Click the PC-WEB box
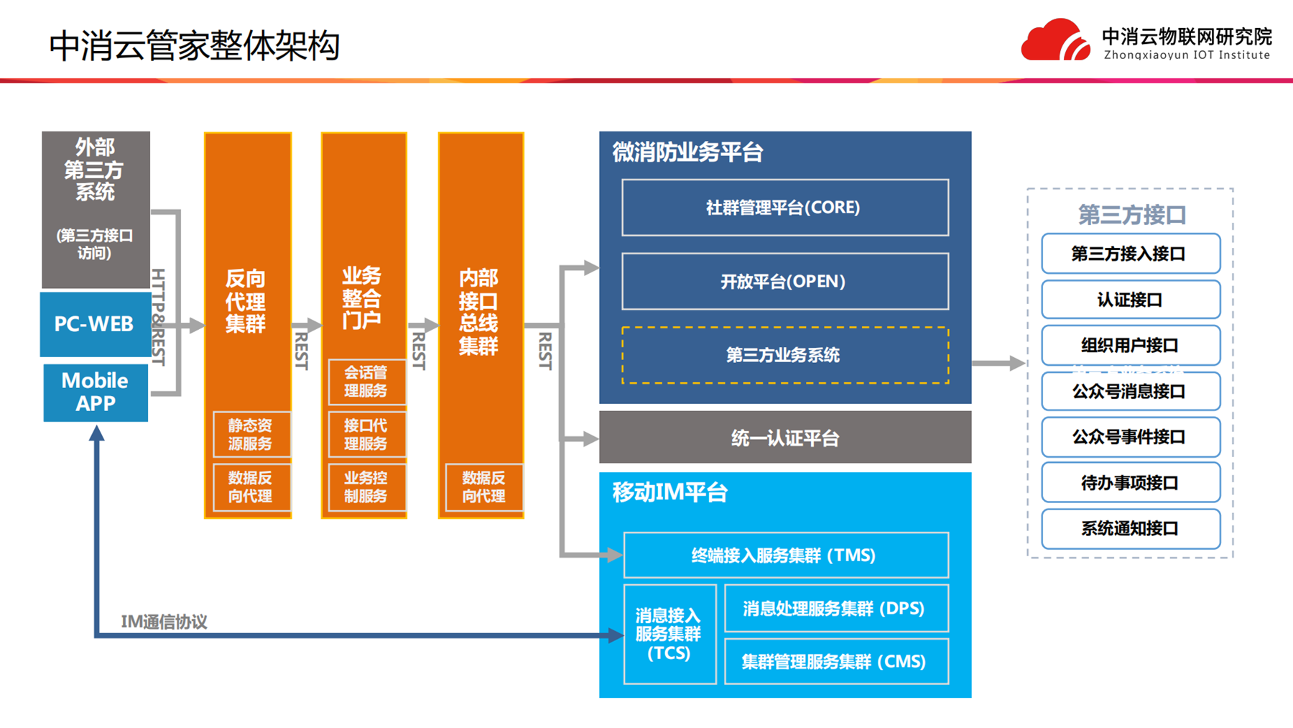(x=95, y=324)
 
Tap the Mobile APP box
(x=95, y=392)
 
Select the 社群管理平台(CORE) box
(x=784, y=208)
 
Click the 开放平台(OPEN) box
(x=784, y=281)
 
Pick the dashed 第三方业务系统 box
(x=784, y=355)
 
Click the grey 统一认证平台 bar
(x=784, y=438)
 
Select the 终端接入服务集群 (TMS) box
(x=785, y=555)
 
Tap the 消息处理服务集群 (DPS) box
(x=835, y=609)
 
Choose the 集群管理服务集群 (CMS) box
(x=835, y=662)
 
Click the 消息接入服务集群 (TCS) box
(x=669, y=634)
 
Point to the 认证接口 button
(x=1130, y=300)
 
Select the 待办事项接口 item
(x=1130, y=483)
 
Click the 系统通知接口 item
(x=1130, y=529)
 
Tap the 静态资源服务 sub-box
(x=251, y=434)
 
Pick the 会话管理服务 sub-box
(x=366, y=382)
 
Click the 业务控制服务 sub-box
(x=366, y=487)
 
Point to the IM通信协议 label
(x=164, y=622)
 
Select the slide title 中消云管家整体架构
(x=194, y=46)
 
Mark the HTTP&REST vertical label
(x=159, y=316)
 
